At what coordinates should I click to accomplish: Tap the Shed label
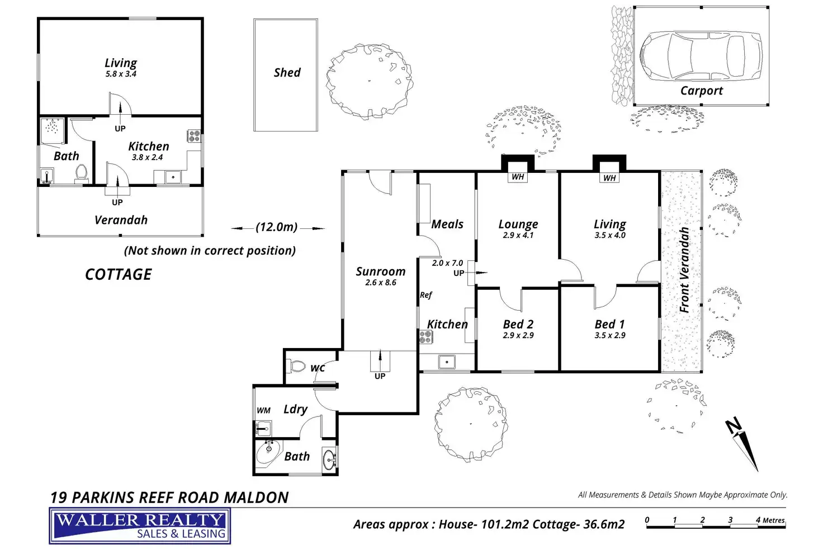click(x=287, y=73)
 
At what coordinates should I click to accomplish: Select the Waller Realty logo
click(x=140, y=526)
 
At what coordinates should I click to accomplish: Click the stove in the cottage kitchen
click(x=194, y=135)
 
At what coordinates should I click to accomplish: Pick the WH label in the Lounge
click(x=518, y=177)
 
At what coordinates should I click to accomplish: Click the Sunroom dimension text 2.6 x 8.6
click(x=381, y=283)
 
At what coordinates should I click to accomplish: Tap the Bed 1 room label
click(x=609, y=324)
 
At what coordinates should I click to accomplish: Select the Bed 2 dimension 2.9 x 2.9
click(x=518, y=335)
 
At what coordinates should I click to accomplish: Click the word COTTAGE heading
click(x=119, y=274)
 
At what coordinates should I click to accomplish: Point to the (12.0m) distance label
click(x=277, y=227)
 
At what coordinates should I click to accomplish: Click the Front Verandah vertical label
click(x=684, y=270)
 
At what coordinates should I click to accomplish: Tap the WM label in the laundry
click(x=263, y=410)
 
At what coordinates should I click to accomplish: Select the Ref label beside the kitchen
click(x=426, y=295)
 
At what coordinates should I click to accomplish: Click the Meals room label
click(x=447, y=224)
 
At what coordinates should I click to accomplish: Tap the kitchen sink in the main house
click(x=446, y=362)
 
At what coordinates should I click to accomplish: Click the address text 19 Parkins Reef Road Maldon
click(x=169, y=498)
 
